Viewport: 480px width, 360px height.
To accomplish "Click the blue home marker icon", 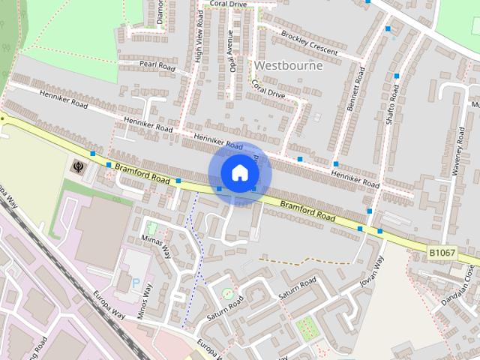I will click(x=238, y=172).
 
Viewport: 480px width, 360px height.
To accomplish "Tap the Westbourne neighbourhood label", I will click(x=289, y=65).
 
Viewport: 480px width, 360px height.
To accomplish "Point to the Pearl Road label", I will click(x=157, y=66).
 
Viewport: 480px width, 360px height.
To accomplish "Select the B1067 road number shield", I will click(x=442, y=253).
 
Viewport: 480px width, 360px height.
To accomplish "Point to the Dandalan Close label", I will click(x=458, y=285).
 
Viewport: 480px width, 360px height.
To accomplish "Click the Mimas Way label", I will click(x=157, y=240).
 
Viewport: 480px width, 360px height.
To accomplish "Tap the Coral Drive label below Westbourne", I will click(x=268, y=89).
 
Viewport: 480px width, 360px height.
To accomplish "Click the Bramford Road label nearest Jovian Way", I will click(x=307, y=209).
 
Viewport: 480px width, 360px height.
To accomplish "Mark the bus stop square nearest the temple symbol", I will click(x=92, y=154).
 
